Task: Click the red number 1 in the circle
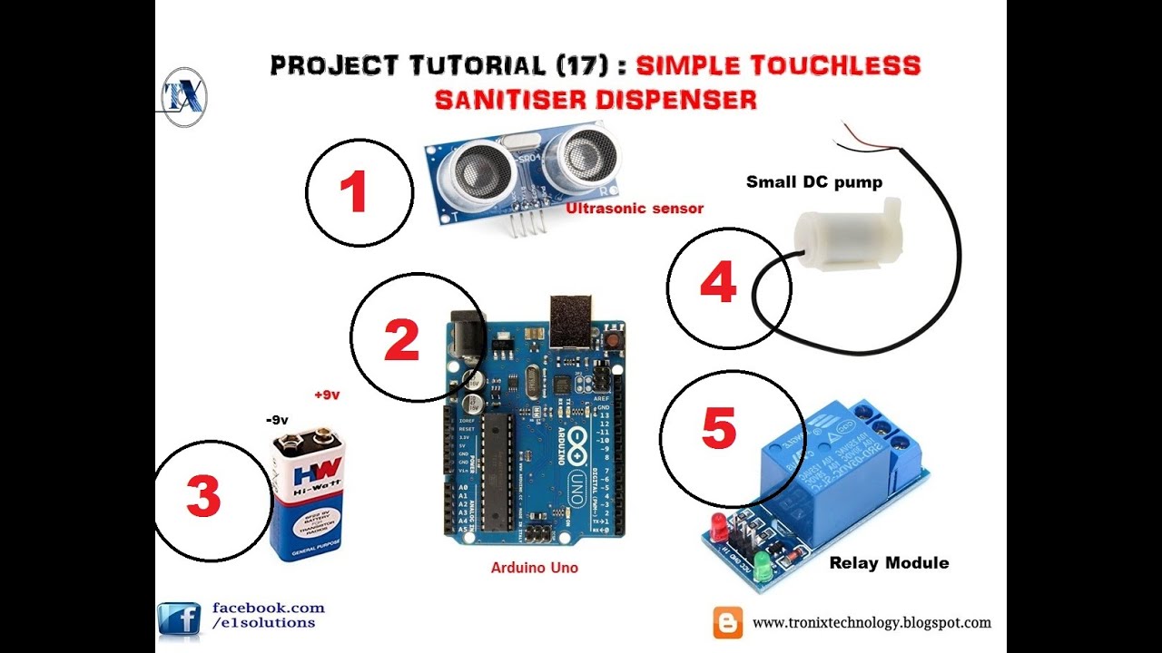pos(353,193)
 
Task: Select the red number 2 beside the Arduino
pos(401,340)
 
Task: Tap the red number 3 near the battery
pos(203,498)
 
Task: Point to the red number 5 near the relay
pos(718,428)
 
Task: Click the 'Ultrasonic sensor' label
pos(635,209)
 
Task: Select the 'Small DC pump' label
pos(813,182)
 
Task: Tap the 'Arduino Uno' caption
pos(534,568)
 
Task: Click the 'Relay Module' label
pos(889,563)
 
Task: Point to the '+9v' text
pos(326,395)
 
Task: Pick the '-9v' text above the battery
pos(276,420)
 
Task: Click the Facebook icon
pos(179,619)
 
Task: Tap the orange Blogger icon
pos(727,622)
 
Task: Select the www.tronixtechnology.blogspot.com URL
pos(871,623)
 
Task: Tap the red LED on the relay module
pos(718,523)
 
